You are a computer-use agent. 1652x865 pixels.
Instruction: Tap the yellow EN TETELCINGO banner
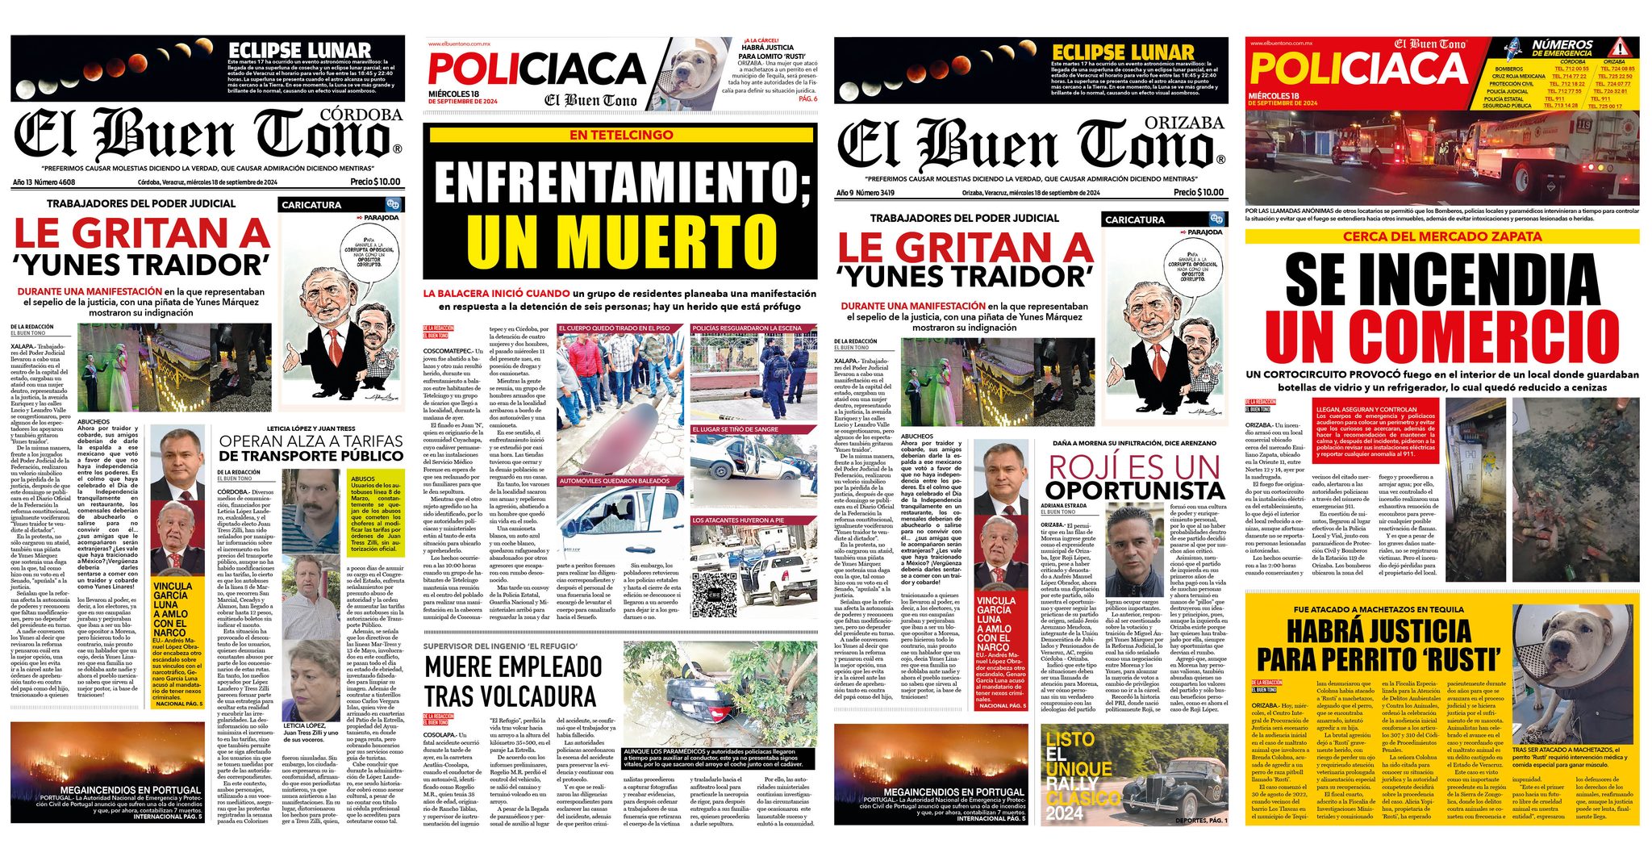click(x=620, y=135)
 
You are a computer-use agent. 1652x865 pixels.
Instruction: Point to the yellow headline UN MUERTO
click(x=621, y=241)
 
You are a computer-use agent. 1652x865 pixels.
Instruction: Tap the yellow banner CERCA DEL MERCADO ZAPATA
click(x=1442, y=236)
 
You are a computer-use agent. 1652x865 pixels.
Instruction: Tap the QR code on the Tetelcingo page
click(x=715, y=591)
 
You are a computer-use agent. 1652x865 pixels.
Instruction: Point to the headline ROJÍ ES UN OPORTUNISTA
click(x=1133, y=477)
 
